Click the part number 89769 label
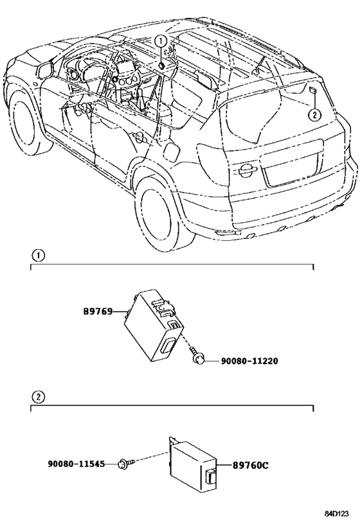point(98,311)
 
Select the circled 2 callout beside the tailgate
point(314,115)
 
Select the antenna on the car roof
point(260,66)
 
